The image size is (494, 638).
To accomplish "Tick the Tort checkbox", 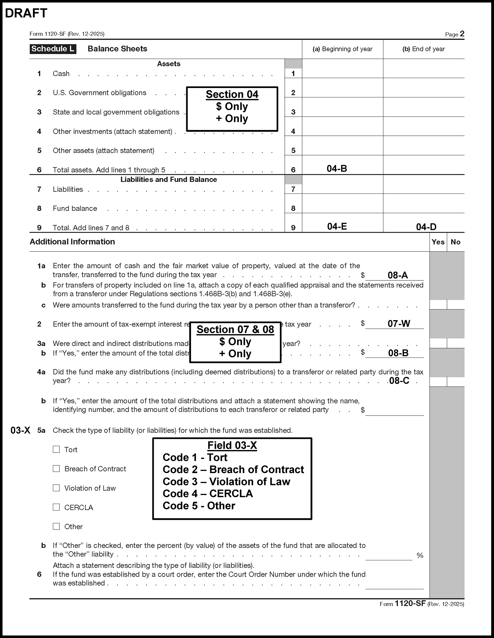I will coord(56,449).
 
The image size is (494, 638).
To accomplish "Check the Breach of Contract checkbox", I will coord(56,469).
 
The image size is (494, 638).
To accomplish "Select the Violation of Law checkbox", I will coord(56,488).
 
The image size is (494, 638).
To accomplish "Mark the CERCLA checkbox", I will coord(56,507).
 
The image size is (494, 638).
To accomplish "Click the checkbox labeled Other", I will coord(56,527).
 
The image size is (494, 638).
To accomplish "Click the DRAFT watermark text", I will coord(26,13).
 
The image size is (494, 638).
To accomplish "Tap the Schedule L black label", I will coord(53,49).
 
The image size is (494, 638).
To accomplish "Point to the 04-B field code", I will coord(337,169).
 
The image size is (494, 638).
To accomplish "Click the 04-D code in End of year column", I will coord(426,227).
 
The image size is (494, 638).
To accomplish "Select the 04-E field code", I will coord(337,226).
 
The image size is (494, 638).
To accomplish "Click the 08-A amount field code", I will coord(398,275).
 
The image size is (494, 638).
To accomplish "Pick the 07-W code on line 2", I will coord(399,323).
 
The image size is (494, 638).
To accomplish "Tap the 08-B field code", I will coord(398,353).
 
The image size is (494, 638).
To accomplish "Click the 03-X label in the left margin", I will coord(20,430).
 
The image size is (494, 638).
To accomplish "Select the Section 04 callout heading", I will coord(232,94).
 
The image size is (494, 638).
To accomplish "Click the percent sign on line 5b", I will coord(420,555).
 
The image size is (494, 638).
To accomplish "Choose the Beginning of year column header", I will coord(342,49).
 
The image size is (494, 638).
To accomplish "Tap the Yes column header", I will coord(438,242).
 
